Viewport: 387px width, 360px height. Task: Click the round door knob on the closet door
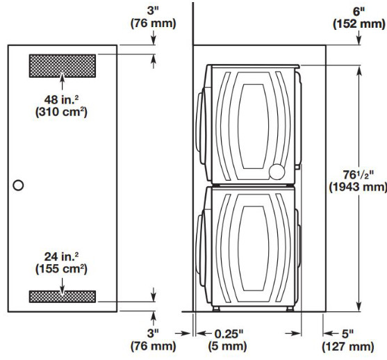18,185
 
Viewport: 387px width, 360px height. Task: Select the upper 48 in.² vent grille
63,66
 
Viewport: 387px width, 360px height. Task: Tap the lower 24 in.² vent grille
63,297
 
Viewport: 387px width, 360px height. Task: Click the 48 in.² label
61,100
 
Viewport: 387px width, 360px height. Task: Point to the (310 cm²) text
61,112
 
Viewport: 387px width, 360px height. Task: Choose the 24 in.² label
61,256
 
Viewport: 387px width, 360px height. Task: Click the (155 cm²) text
61,269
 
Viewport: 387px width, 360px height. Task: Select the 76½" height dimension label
358,175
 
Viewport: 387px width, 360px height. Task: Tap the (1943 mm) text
358,187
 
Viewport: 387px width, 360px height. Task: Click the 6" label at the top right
359,12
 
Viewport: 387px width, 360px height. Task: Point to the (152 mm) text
359,24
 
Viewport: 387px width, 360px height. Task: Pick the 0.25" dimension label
229,334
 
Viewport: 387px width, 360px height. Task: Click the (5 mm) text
227,346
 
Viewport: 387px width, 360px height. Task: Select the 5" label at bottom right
347,334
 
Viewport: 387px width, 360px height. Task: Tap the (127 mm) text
348,346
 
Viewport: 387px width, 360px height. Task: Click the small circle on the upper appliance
277,172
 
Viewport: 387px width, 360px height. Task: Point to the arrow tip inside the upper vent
63,73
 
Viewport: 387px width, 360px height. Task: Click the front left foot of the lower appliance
216,309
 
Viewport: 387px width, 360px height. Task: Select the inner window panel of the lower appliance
254,248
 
